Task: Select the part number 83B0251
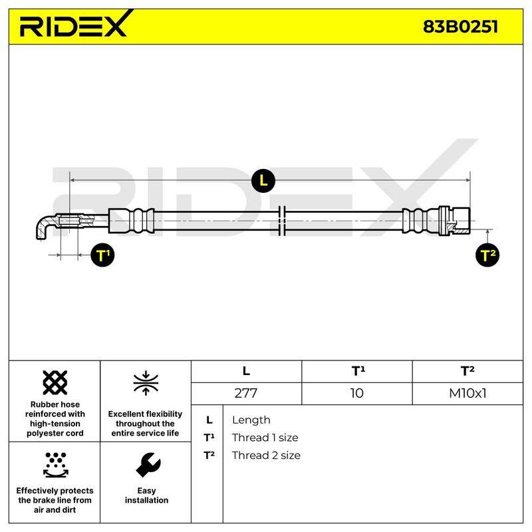(460, 27)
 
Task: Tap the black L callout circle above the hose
(263, 180)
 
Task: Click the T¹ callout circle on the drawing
(102, 255)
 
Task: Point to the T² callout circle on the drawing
(487, 255)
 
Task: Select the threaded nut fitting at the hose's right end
(454, 221)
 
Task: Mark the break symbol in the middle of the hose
(281, 221)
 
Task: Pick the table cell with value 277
(246, 393)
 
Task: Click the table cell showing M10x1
(467, 393)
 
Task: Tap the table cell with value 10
(357, 393)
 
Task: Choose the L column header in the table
(246, 371)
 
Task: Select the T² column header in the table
(467, 371)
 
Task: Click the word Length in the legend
(251, 420)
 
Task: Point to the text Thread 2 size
(266, 456)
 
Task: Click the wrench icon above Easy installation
(148, 465)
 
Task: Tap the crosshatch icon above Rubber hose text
(55, 382)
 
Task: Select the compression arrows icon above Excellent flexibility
(146, 383)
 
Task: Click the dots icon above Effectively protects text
(56, 465)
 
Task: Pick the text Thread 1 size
(265, 438)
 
